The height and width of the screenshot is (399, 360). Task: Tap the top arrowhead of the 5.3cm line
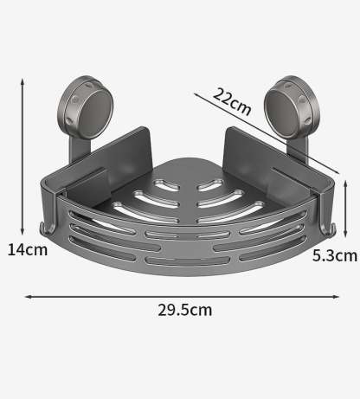tap(345, 178)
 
